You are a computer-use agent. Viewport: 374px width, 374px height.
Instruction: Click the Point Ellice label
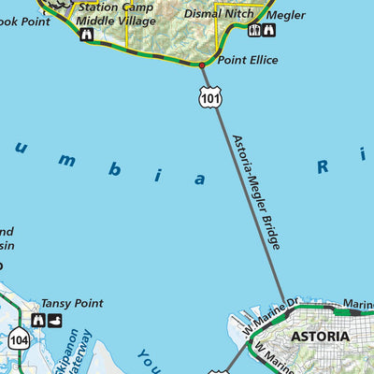click(248, 60)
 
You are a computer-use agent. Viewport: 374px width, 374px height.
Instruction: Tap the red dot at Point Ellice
click(202, 65)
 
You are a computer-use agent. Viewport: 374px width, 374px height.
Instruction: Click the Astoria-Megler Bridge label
click(255, 191)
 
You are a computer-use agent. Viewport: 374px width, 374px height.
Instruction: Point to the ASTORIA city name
click(320, 336)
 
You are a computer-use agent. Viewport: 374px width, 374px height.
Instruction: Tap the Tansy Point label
click(72, 304)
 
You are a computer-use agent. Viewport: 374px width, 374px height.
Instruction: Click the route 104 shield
click(19, 340)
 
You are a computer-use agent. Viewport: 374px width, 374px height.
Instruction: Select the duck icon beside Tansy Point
click(55, 321)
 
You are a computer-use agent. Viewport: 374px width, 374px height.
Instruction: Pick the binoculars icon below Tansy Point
click(38, 321)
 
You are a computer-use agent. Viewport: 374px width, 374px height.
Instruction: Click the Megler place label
click(286, 15)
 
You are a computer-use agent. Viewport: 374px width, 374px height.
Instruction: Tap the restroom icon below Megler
click(254, 31)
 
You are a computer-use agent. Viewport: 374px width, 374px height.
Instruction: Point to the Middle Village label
click(116, 20)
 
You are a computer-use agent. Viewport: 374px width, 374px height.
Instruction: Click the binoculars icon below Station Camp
click(86, 35)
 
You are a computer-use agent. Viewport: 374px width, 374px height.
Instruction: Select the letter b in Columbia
click(114, 169)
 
